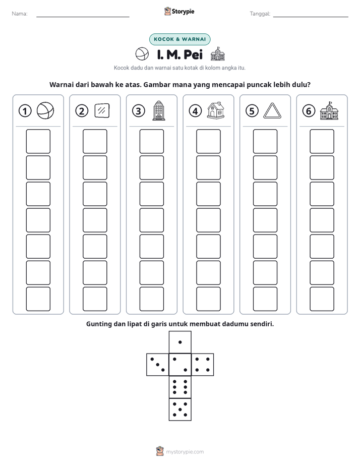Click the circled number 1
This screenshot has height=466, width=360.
click(25, 111)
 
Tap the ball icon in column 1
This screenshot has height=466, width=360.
click(45, 110)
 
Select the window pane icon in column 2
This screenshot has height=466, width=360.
click(102, 110)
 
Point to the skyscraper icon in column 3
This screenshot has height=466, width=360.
click(159, 110)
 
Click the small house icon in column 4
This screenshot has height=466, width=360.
click(216, 110)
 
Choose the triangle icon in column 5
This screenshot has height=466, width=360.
click(272, 111)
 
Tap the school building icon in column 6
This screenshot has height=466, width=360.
click(329, 110)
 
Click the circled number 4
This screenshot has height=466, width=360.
click(195, 111)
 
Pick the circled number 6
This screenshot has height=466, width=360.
click(309, 111)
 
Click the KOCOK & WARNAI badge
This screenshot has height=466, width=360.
click(179, 39)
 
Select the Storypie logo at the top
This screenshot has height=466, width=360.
click(179, 11)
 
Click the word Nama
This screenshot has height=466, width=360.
click(20, 14)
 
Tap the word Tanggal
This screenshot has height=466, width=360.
click(260, 14)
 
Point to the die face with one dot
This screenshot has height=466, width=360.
click(180, 342)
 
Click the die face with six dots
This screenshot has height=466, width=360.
click(180, 387)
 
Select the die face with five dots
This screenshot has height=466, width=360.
click(180, 410)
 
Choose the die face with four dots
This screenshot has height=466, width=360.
click(203, 365)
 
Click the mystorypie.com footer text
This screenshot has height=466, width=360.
click(185, 452)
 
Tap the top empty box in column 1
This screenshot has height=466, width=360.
click(38, 141)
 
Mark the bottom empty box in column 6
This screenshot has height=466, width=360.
click(322, 299)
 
